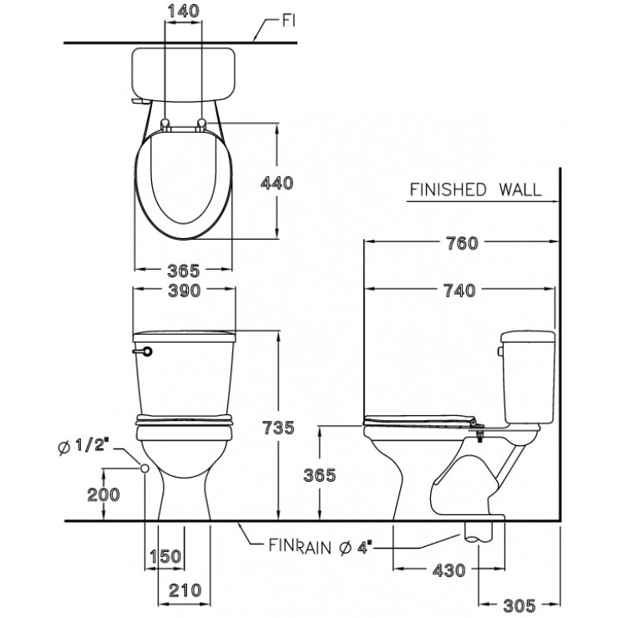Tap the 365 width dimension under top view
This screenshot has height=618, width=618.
[x=183, y=271]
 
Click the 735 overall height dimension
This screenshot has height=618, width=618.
[x=277, y=428]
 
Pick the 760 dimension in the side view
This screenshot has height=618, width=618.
[x=462, y=244]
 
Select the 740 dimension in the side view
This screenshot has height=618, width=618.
[x=459, y=290]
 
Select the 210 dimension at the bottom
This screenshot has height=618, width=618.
[x=184, y=590]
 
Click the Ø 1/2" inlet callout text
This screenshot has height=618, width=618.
[x=84, y=448]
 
